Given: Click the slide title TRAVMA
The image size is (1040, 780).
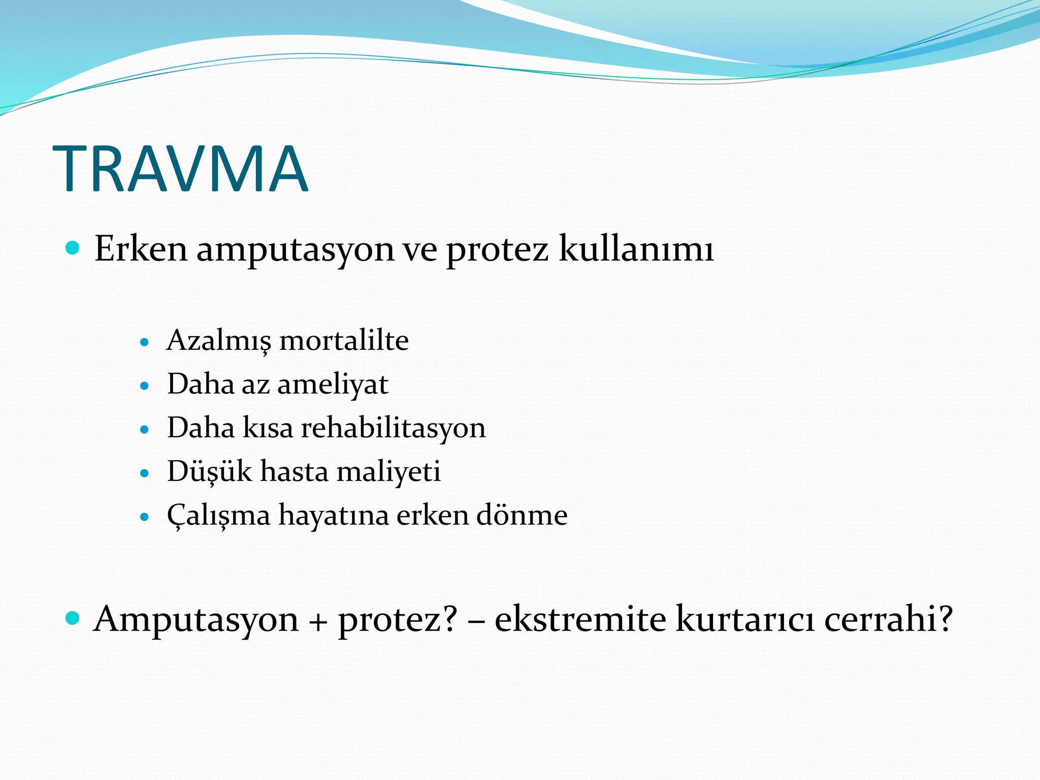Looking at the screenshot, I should click(180, 169).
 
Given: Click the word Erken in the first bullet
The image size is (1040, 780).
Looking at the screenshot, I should click(141, 249).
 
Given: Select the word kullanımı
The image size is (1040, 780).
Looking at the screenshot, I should click(636, 249).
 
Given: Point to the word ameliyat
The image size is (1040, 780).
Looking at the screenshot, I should click(333, 384).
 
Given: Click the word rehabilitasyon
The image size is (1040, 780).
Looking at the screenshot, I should click(394, 428).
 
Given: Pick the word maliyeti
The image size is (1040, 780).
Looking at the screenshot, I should click(388, 471).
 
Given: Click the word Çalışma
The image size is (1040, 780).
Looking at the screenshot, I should click(218, 515).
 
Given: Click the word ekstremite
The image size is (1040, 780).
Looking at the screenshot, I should click(580, 619).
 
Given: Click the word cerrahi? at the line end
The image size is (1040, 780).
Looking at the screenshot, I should click(888, 619).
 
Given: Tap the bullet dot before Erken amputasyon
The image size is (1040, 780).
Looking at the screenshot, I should click(73, 248).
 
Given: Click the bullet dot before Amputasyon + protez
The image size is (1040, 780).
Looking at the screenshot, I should click(73, 618).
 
